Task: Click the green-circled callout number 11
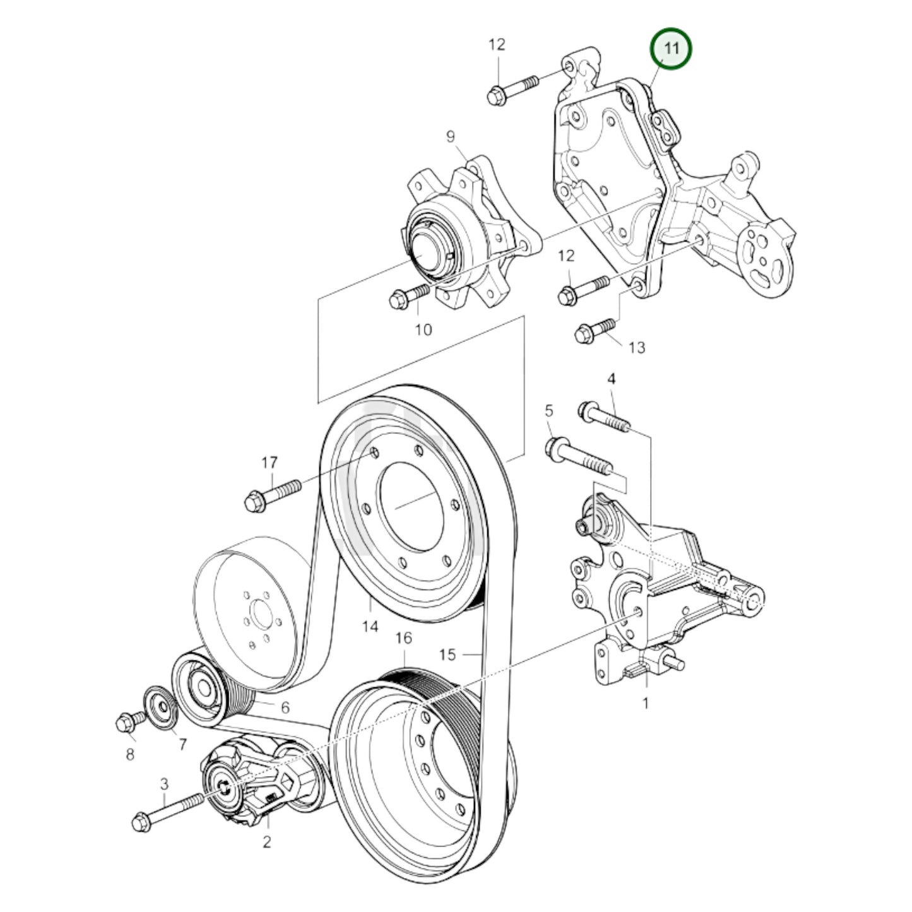[x=671, y=49]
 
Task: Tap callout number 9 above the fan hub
[x=450, y=136]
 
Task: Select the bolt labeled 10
[x=409, y=296]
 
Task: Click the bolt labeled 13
[x=595, y=330]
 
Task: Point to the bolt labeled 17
[x=273, y=495]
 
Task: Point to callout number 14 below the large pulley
[x=370, y=626]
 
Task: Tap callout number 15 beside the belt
[x=447, y=654]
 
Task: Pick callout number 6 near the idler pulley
[x=285, y=707]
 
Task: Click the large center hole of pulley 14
[x=412, y=507]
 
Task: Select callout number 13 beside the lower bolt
[x=637, y=347]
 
